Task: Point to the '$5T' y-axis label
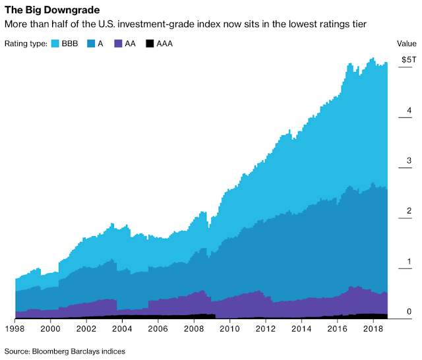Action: (x=409, y=60)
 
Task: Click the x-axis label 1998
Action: (x=15, y=328)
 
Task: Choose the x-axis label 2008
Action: (x=193, y=328)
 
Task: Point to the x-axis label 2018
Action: (x=373, y=328)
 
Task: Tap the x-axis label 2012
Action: (x=265, y=328)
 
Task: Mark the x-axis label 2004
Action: (x=122, y=328)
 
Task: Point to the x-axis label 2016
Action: (x=337, y=328)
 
